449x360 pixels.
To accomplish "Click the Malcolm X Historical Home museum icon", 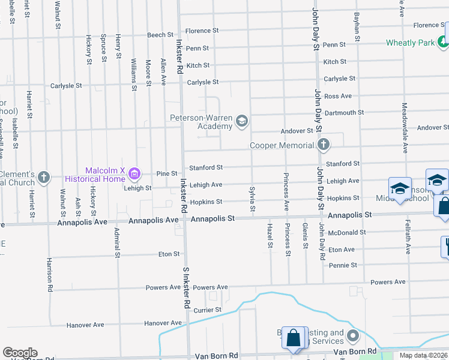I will pyautogui.click(x=134, y=175).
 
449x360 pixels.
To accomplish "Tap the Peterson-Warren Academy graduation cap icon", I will pyautogui.click(x=241, y=122).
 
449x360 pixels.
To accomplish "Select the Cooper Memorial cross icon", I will pyautogui.click(x=324, y=145).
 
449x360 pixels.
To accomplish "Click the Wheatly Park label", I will pyautogui.click(x=410, y=43).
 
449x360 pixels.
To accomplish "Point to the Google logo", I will pyautogui.click(x=20, y=353).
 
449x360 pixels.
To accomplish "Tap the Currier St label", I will pyautogui.click(x=207, y=310).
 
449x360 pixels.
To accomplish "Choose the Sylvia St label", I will pyautogui.click(x=253, y=199).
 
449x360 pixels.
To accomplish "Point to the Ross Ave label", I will pyautogui.click(x=338, y=96).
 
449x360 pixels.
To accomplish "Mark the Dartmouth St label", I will pyautogui.click(x=344, y=112).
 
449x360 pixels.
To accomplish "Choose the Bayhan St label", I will pyautogui.click(x=357, y=26).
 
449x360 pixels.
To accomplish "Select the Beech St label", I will pyautogui.click(x=160, y=35).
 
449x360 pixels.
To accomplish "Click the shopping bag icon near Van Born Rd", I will pyautogui.click(x=294, y=338).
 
